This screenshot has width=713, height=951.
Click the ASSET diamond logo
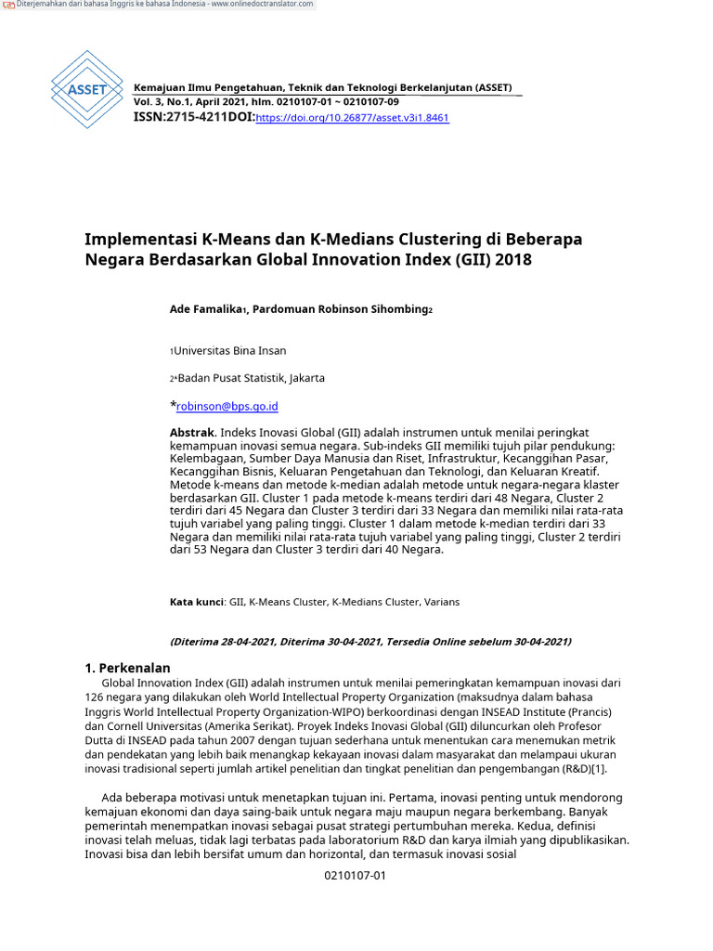click(86, 90)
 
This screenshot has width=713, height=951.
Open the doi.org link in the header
click(352, 119)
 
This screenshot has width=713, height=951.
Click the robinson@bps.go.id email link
click(227, 406)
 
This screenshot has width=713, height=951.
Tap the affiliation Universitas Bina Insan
click(230, 351)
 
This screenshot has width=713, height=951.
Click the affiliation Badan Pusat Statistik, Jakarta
click(251, 378)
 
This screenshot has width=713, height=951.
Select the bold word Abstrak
click(192, 433)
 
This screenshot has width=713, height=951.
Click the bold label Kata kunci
click(196, 602)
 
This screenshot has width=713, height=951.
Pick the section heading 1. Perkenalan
click(127, 668)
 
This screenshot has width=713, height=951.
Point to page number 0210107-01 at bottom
click(355, 876)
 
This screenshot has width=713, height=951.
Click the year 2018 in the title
click(513, 260)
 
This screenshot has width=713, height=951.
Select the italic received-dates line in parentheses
click(370, 642)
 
